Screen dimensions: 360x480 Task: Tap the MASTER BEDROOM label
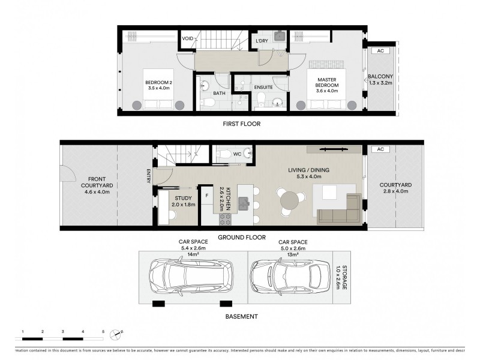(x=326, y=82)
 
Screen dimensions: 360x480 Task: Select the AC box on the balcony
(x=380, y=51)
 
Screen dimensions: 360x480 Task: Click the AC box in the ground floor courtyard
(x=379, y=149)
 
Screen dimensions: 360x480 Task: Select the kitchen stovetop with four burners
(x=226, y=219)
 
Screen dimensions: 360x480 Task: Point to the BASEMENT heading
(x=241, y=316)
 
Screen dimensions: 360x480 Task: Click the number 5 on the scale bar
(x=103, y=331)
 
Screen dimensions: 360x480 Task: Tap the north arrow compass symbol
(x=121, y=331)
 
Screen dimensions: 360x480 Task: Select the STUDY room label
(x=183, y=198)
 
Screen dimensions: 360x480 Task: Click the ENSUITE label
(x=263, y=87)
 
